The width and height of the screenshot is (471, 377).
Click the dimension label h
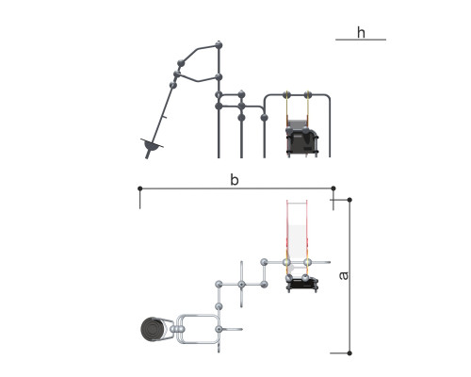pyautogui.click(x=361, y=33)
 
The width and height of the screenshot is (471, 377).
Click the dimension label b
pyautogui.click(x=235, y=180)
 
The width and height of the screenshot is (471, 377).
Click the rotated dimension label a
pyautogui.click(x=344, y=275)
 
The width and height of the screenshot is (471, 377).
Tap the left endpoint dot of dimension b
pyautogui.click(x=140, y=188)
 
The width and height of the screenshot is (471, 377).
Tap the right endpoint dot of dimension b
pyautogui.click(x=333, y=188)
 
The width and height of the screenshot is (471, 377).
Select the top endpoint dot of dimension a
pyautogui.click(x=349, y=200)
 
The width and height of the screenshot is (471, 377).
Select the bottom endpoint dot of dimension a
pyautogui.click(x=349, y=353)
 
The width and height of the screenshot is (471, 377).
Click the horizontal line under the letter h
pyautogui.click(x=361, y=40)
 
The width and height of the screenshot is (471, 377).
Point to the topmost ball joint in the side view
pyautogui.click(x=219, y=45)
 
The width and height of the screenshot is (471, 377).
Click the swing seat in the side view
pyautogui.click(x=302, y=140)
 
